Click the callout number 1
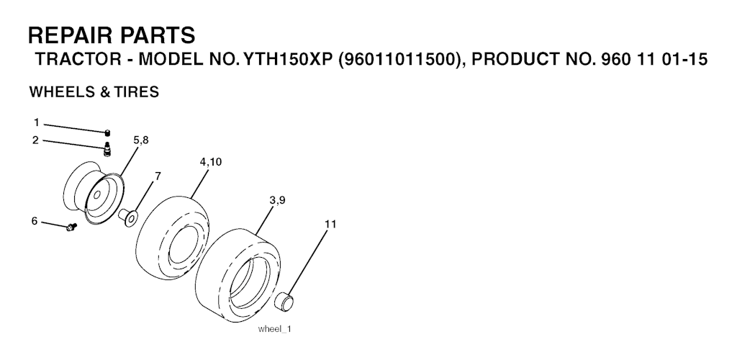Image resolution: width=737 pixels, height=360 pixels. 36,122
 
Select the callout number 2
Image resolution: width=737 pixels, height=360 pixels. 36,140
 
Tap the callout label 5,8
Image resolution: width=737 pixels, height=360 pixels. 141,140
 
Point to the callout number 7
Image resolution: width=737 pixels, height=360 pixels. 158,176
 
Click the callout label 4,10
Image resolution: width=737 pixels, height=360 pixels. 211,162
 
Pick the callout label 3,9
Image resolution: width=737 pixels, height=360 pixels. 277,200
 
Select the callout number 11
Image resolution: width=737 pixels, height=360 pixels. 331,224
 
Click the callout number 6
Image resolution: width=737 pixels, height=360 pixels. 35,221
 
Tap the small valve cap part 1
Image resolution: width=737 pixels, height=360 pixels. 107,132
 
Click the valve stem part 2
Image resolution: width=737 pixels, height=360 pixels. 107,149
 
